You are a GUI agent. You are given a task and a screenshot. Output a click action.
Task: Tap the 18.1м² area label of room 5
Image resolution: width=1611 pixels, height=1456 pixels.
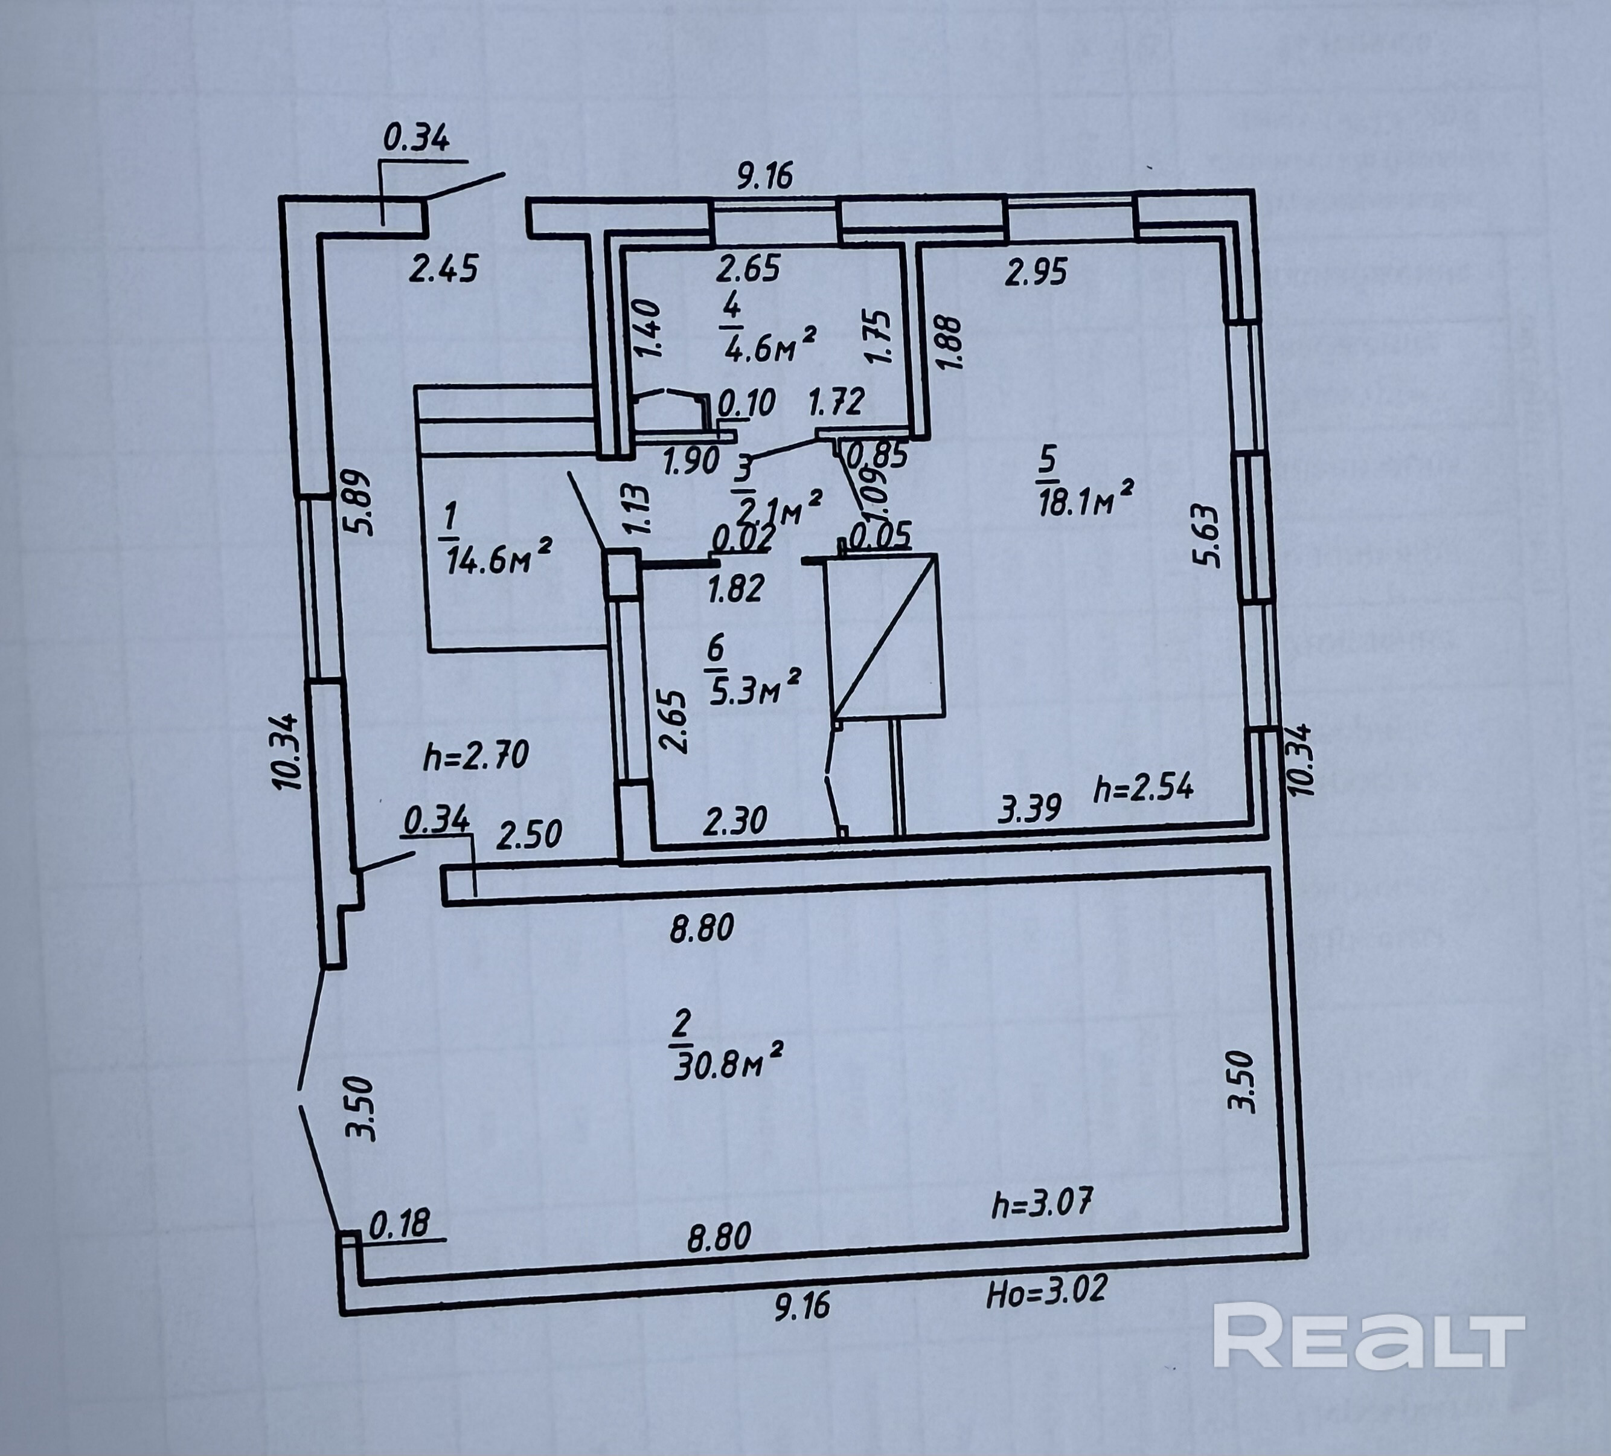(x=1087, y=502)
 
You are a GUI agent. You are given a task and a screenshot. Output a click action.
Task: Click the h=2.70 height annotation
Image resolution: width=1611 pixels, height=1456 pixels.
(x=476, y=754)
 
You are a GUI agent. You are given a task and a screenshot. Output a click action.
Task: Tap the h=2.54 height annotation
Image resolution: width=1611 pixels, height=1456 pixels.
(x=1144, y=789)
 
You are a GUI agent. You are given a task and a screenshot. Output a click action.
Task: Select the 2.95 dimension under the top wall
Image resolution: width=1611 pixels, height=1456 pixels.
(x=1036, y=274)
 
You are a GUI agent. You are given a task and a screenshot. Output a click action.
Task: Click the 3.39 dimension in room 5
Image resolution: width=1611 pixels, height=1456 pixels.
(x=1030, y=809)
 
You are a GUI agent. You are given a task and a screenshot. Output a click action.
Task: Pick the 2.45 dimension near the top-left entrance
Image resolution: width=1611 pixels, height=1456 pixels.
(x=443, y=269)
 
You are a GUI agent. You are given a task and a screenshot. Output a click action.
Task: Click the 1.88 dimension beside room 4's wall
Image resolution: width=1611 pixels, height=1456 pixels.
(x=949, y=342)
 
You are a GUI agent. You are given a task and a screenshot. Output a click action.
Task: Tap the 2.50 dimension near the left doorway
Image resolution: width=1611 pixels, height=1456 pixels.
(x=529, y=836)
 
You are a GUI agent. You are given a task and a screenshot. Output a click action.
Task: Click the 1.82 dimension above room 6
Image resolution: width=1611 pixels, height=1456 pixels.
(x=735, y=589)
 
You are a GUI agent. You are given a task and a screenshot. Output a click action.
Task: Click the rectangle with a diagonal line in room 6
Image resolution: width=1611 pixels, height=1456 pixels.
(x=882, y=635)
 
